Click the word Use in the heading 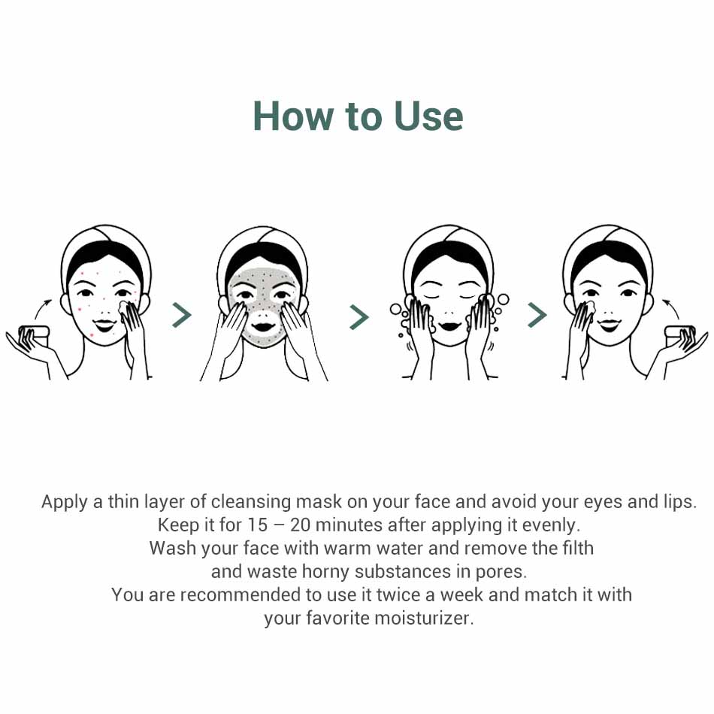[428, 116]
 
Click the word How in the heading [293, 116]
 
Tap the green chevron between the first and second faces [182, 316]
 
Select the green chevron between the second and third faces [359, 317]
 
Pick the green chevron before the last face [537, 315]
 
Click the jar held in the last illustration [679, 336]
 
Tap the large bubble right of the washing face [503, 300]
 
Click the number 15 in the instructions [257, 525]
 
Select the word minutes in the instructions [349, 525]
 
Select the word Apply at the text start [64, 502]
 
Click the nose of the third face [449, 313]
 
